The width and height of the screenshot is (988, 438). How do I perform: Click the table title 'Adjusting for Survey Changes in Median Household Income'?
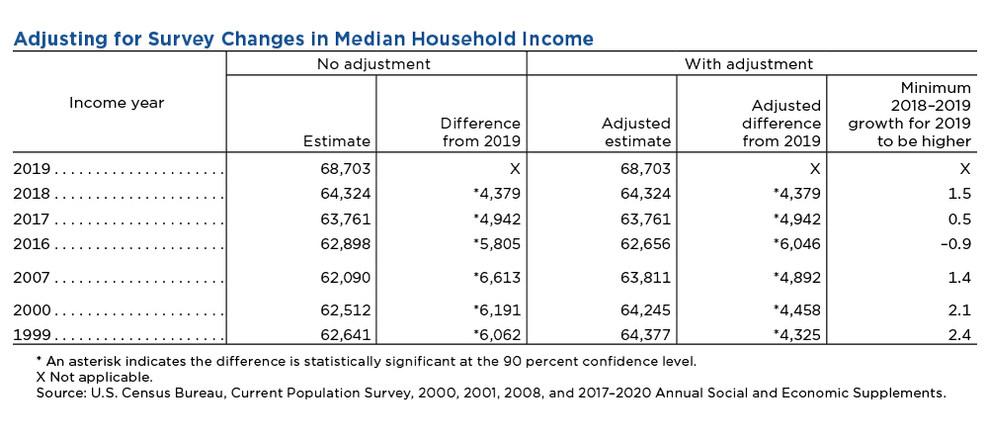(303, 40)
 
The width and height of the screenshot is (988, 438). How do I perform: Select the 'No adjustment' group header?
(373, 63)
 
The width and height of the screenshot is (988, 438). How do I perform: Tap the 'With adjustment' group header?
(749, 63)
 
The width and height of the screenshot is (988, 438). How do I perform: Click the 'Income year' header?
(117, 103)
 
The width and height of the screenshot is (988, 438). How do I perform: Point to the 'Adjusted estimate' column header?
(635, 131)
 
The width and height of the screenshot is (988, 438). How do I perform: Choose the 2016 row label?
(32, 244)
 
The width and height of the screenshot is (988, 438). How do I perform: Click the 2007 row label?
(32, 277)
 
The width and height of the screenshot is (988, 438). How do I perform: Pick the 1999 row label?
(32, 335)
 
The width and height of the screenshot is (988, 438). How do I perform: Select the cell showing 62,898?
(346, 244)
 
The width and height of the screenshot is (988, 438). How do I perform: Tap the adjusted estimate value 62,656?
(645, 244)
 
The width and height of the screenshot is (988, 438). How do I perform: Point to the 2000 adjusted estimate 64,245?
(645, 310)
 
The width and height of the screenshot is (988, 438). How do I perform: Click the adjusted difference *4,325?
(796, 335)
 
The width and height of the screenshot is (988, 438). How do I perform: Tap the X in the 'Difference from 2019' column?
(516, 169)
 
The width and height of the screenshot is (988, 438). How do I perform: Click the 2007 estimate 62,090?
(346, 277)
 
